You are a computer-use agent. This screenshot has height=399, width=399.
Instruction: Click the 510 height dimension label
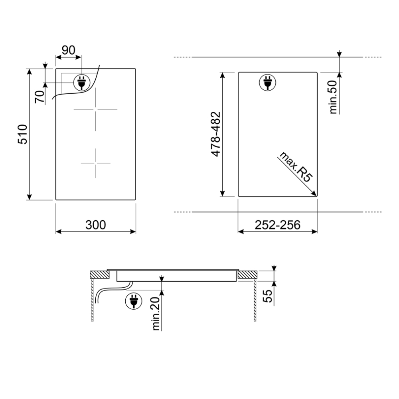click(23, 134)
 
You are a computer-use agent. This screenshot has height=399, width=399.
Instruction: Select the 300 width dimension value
click(96, 225)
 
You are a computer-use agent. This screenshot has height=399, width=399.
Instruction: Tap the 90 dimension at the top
click(69, 50)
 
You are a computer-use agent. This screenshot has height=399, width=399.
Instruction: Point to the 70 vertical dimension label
click(40, 97)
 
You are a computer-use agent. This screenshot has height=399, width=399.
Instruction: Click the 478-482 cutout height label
click(216, 134)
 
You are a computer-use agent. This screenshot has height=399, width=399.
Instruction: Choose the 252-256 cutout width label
click(278, 225)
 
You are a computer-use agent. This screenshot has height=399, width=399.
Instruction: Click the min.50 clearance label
click(333, 97)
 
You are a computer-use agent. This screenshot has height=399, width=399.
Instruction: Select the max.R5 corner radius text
click(295, 167)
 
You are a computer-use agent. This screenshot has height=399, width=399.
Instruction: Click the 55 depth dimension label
click(268, 296)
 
